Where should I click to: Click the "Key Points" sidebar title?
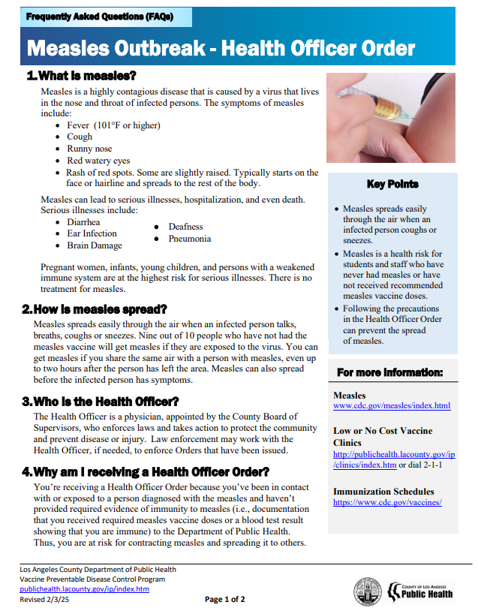pyautogui.click(x=392, y=184)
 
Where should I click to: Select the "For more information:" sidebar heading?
pyautogui.click(x=390, y=372)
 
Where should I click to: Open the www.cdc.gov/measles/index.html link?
pyautogui.click(x=392, y=406)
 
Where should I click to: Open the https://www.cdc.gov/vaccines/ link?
pyautogui.click(x=387, y=502)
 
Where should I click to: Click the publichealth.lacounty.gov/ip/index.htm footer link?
pyautogui.click(x=84, y=589)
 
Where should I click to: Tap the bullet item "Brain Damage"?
pyautogui.click(x=95, y=245)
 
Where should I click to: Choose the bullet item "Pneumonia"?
pyautogui.click(x=189, y=239)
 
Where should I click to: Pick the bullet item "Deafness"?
pyautogui.click(x=185, y=227)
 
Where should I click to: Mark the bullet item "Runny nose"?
pyautogui.click(x=89, y=149)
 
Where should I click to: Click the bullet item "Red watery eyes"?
pyautogui.click(x=98, y=161)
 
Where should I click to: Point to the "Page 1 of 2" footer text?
pyautogui.click(x=225, y=599)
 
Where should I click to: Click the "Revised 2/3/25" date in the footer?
pyautogui.click(x=43, y=599)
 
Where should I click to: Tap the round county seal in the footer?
pyautogui.click(x=368, y=591)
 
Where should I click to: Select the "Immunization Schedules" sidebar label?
pyautogui.click(x=383, y=492)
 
